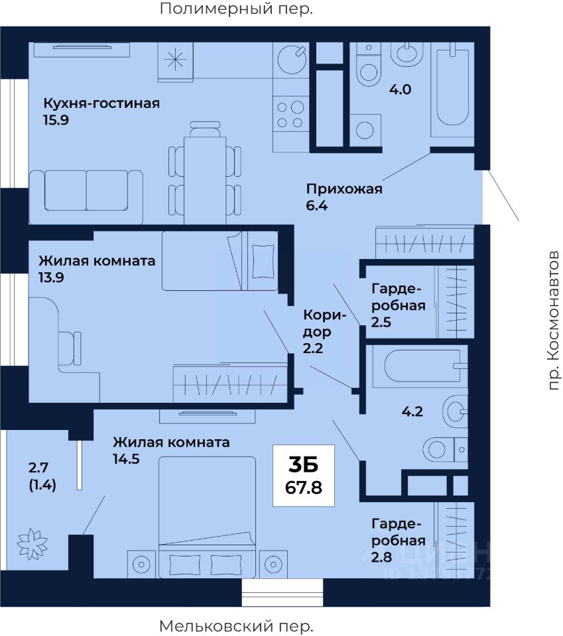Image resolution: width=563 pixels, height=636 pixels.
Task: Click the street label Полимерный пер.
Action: coord(236,9)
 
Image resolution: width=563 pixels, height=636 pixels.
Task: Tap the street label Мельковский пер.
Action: coord(236,625)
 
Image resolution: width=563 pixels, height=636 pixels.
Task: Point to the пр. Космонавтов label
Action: coord(553,321)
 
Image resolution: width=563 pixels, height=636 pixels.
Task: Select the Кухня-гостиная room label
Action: coord(101,103)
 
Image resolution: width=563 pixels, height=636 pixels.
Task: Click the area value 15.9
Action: coord(56,120)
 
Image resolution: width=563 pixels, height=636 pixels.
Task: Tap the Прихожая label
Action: coord(344,189)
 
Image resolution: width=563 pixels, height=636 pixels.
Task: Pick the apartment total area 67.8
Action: coord(304,487)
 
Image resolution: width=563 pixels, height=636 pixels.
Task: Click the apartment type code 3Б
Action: coord(303,465)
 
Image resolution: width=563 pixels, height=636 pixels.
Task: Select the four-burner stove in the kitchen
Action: coord(290,115)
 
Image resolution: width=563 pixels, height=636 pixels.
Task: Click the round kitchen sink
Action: coord(291,59)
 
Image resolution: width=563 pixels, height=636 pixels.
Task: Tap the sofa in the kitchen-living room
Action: coord(86,197)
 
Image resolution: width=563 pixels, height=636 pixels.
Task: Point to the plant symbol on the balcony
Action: coord(32,543)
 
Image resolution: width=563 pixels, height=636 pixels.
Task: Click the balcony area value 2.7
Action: coord(38,468)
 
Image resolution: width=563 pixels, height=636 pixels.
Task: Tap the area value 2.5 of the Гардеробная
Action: coord(381,322)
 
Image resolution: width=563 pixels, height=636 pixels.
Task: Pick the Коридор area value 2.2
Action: coord(313,348)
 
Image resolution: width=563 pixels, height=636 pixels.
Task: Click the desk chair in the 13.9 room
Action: coord(71,348)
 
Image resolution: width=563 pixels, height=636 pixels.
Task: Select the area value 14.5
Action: coord(126,458)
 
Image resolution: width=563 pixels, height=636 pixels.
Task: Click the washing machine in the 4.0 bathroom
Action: coord(365,130)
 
